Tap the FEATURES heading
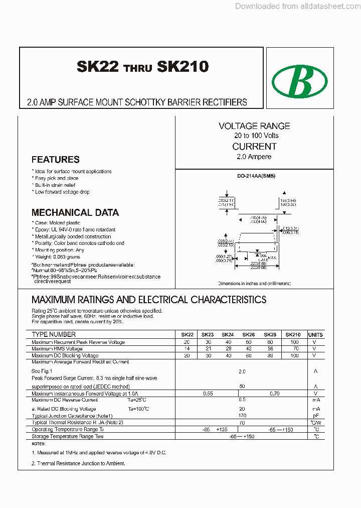tap(55, 160)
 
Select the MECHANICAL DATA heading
tap(75, 212)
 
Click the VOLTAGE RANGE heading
tap(254, 126)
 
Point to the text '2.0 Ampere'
tap(254, 157)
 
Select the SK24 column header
tap(228, 335)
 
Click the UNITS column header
tap(315, 335)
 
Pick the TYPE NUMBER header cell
tap(54, 334)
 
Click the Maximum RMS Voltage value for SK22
tap(187, 348)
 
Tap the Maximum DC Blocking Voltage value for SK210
tap(294, 355)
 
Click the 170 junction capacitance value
tap(242, 416)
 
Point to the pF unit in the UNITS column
tap(315, 416)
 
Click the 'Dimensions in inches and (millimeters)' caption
tap(254, 284)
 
